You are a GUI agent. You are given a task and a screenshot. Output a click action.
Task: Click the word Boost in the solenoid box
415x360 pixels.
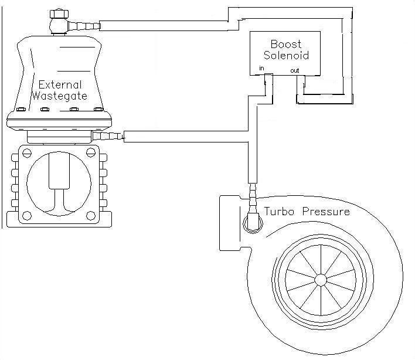[x=285, y=44]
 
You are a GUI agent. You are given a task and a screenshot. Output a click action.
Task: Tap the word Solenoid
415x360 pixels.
[x=286, y=56]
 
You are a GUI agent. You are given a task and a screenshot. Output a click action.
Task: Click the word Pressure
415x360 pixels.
[x=326, y=211]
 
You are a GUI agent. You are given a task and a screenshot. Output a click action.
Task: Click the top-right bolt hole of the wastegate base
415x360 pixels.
[x=90, y=153]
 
